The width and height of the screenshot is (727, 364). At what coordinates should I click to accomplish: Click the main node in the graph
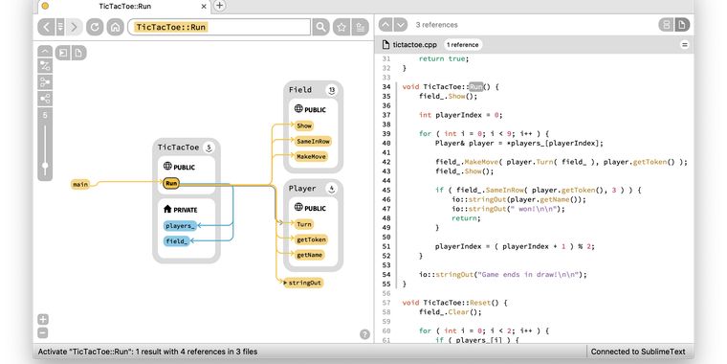[x=80, y=184]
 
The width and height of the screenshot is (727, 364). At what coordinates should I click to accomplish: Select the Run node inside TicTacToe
[x=171, y=183]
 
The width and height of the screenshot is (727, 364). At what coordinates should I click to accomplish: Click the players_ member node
[x=180, y=226]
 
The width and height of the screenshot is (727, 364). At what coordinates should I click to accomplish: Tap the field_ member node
[x=177, y=241]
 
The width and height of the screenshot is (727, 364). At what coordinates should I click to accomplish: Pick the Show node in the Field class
[x=304, y=125]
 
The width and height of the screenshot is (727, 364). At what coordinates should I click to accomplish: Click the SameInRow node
[x=313, y=141]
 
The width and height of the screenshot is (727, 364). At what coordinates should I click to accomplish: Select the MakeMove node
[x=312, y=156]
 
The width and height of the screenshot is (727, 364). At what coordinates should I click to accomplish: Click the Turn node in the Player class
[x=304, y=224]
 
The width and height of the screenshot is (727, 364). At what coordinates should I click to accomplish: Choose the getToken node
[x=311, y=239]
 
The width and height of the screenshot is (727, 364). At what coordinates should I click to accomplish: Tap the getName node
[x=310, y=255]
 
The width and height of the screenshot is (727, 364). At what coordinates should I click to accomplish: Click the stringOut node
[x=305, y=283]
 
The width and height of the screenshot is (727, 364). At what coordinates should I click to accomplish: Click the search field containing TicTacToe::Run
[x=220, y=27]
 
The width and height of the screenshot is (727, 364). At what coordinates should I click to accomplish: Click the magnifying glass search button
[x=320, y=27]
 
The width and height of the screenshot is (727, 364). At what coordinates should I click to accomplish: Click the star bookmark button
[x=341, y=27]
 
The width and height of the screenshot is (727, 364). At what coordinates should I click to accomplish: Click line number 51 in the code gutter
[x=387, y=246]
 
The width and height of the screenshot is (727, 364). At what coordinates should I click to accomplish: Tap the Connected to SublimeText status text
[x=637, y=352]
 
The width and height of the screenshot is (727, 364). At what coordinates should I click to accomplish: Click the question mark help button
[x=364, y=334]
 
